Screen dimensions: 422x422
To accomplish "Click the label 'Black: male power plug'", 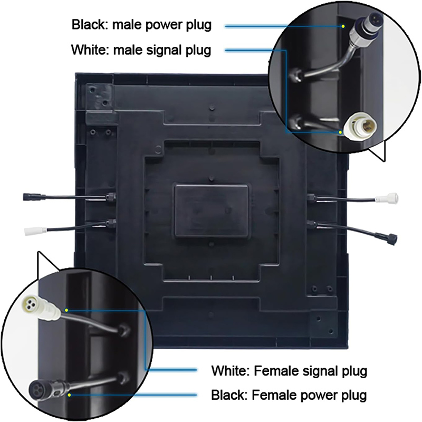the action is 141,25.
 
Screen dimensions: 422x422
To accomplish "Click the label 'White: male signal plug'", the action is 141,50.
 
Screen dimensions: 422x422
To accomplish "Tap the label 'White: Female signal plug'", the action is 289,371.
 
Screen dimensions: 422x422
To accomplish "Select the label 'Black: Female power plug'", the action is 289,395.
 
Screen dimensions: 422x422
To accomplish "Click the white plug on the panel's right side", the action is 387,199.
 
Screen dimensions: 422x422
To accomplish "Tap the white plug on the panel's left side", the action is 34,231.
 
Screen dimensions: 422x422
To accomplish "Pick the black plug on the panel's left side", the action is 29,197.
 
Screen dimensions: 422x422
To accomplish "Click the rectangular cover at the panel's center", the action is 212,210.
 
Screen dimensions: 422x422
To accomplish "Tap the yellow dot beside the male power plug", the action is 343,26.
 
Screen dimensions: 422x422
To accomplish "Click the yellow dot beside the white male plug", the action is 340,132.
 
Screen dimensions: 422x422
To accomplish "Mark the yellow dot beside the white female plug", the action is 66,310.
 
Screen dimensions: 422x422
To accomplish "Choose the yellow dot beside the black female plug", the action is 70,395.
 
